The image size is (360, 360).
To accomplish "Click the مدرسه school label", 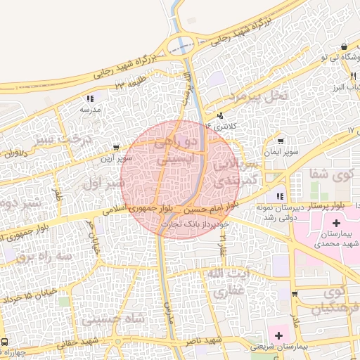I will coord(90,110).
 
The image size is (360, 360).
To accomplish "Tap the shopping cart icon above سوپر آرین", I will coord(115,148).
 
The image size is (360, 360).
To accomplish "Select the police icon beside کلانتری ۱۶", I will coord(220,115).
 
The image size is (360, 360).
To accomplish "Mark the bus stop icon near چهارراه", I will coord(5,341).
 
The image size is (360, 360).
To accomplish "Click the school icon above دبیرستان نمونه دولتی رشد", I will coord(280,196).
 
